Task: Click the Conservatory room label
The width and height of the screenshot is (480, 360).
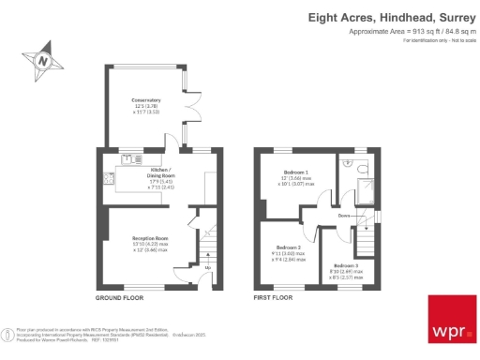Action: [145, 100]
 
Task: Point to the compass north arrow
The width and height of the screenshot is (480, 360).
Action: [42, 62]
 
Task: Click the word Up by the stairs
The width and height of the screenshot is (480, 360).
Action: [207, 267]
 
